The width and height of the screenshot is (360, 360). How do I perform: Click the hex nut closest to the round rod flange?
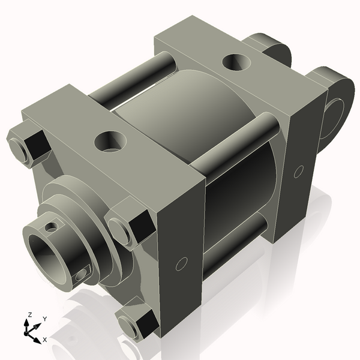click(x=130, y=223)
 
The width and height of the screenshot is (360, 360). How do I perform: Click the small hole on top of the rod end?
click(x=52, y=227)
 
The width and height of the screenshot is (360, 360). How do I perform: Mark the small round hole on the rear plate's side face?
click(x=298, y=172)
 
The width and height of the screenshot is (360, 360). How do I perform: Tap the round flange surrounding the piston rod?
click(x=90, y=216)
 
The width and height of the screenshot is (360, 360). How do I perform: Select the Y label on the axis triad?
click(x=44, y=319)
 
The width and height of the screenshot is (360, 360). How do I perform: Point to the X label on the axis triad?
click(x=44, y=340)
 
